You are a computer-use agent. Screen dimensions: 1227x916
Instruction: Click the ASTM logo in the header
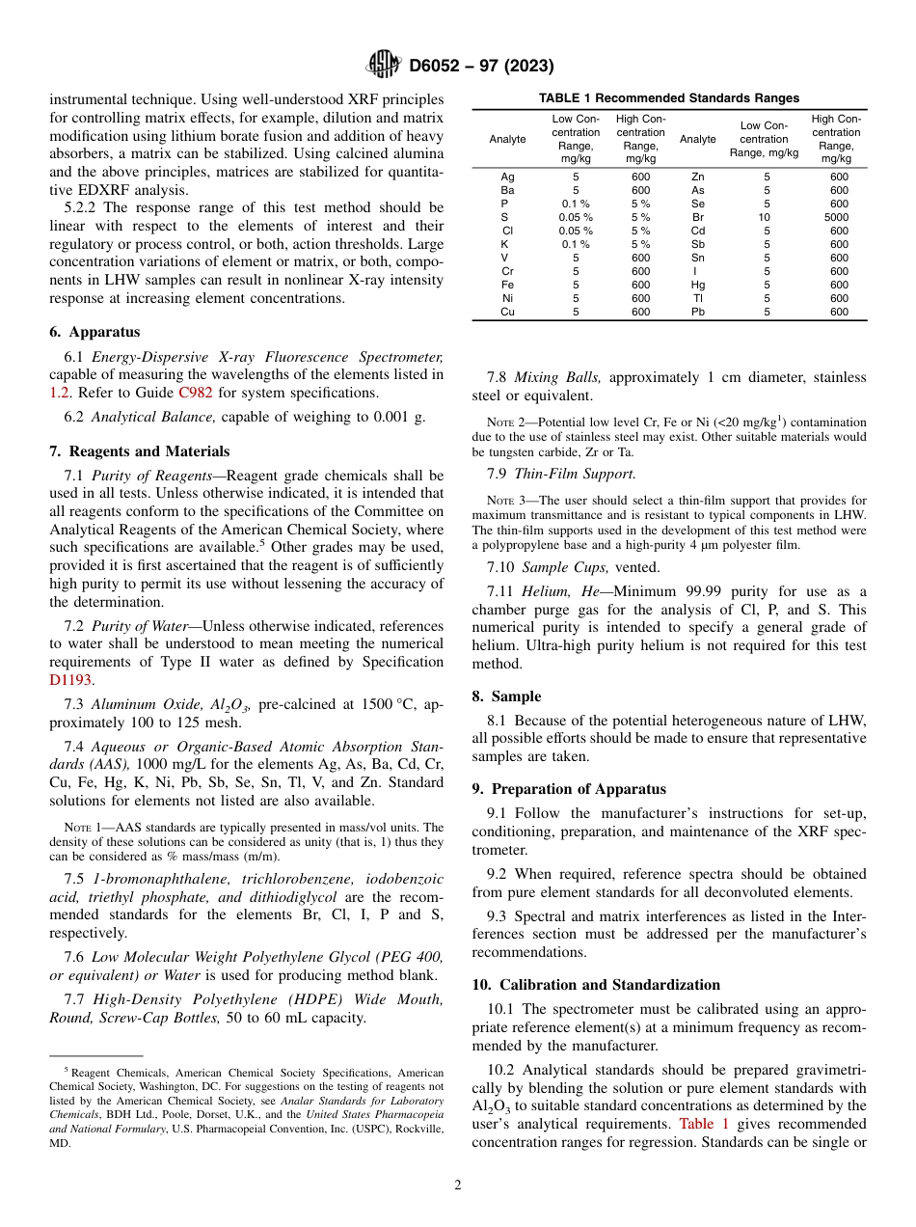point(384,66)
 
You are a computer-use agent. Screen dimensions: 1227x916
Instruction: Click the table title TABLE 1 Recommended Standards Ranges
point(668,98)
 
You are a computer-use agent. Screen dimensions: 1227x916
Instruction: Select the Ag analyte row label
point(507,177)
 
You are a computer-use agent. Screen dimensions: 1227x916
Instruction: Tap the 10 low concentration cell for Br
point(767,217)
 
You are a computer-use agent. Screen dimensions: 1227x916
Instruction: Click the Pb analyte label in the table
point(698,312)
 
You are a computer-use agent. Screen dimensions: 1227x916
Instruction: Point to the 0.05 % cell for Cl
point(576,231)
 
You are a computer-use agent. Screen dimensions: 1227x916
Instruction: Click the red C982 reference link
point(195,393)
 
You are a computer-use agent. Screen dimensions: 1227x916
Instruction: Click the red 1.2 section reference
point(59,393)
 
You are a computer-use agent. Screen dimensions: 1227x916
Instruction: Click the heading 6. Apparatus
point(94,331)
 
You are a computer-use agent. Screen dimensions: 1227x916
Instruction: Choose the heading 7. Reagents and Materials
point(139,451)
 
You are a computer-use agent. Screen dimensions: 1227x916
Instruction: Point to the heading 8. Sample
point(506,696)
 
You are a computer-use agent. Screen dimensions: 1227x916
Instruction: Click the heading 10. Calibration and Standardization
point(596,985)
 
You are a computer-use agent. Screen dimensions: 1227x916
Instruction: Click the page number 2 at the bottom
point(458,1186)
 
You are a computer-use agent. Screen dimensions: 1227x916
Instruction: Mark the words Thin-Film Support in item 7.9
point(575,474)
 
